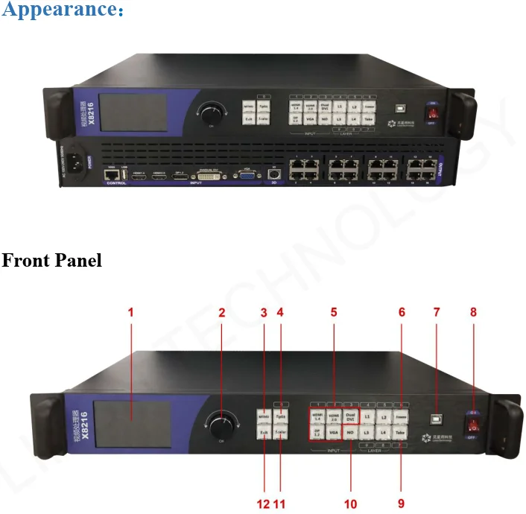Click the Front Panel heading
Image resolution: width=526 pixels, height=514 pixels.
(x=51, y=261)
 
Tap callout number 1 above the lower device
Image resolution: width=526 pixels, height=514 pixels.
(x=130, y=313)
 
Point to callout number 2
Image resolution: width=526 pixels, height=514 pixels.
(x=221, y=313)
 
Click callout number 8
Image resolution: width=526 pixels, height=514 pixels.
(x=474, y=313)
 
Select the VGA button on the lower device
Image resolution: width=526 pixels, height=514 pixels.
(x=334, y=433)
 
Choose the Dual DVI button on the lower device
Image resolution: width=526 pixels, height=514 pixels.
(x=350, y=417)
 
